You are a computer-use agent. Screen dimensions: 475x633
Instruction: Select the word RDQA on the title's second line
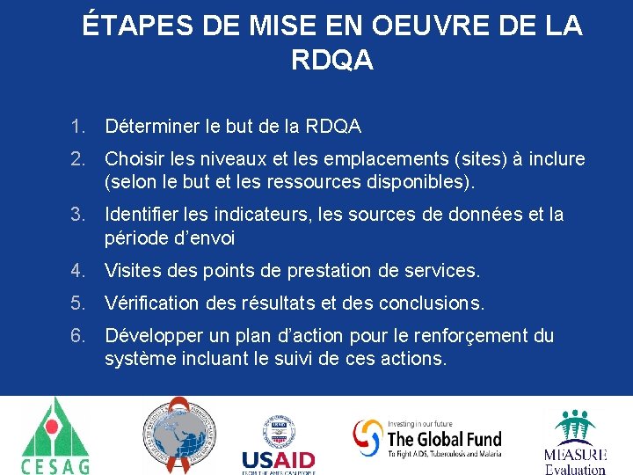331,61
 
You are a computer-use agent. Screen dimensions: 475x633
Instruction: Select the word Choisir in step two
135,159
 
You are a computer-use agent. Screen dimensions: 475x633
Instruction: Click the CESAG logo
55,435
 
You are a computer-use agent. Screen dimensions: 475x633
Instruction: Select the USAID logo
278,444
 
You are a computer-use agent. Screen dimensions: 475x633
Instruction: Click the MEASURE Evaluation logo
575,441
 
